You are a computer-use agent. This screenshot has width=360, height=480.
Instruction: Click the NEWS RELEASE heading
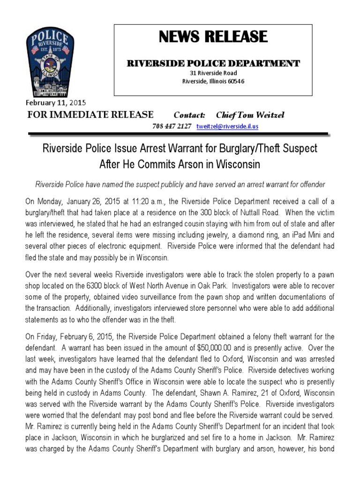[213, 37]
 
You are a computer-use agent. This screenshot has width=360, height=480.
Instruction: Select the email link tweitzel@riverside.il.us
[227, 127]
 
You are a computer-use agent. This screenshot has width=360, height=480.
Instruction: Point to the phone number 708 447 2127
[172, 127]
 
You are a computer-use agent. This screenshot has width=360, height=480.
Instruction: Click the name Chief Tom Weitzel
[250, 115]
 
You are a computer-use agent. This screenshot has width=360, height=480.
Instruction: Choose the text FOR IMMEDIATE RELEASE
[90, 115]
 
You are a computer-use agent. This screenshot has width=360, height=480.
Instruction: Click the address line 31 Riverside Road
[213, 73]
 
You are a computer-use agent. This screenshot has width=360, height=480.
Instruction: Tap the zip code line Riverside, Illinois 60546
[213, 81]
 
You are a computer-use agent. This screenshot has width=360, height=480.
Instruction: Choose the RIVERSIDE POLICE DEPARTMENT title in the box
[213, 63]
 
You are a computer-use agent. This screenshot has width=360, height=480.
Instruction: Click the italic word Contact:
[190, 115]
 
